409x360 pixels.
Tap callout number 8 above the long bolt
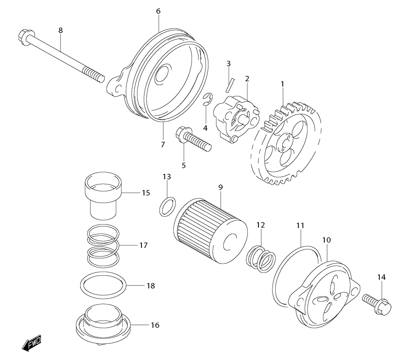point(61,30)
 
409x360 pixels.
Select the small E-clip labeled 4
point(209,99)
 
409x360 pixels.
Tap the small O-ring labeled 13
point(167,206)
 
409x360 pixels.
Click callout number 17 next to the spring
point(143,246)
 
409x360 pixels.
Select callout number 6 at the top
point(158,11)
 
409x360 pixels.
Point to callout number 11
point(301,225)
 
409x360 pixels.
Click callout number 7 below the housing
point(162,144)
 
